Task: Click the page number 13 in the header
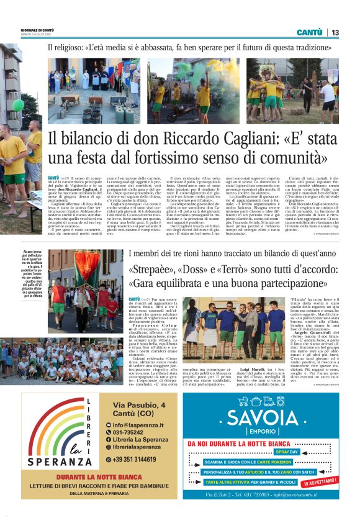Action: (335, 32)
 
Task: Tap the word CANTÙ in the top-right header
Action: (309, 32)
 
